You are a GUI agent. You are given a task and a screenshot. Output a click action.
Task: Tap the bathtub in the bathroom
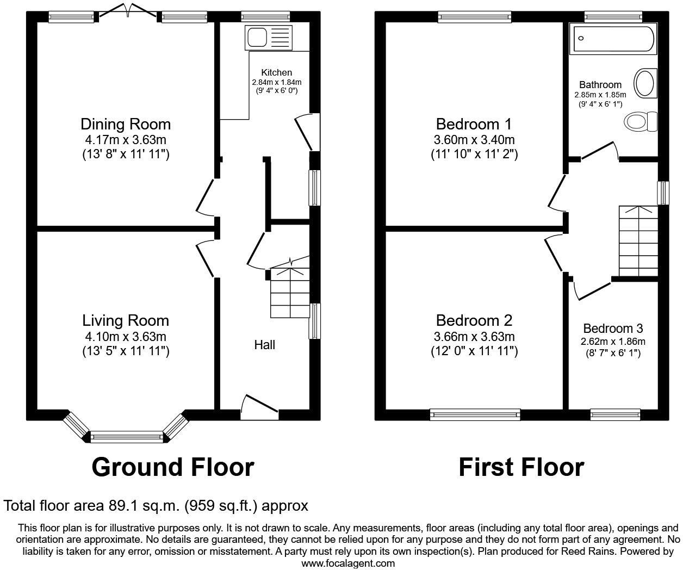pos(613,39)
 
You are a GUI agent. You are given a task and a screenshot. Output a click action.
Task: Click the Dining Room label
pos(126,124)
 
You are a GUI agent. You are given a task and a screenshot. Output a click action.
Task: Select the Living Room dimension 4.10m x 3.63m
pos(126,337)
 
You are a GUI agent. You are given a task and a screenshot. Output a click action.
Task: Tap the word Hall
pos(265,345)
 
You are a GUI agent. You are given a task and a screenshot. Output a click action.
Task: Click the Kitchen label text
pos(276,72)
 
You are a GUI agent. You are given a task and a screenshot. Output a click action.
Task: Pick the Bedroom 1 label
pos(474,124)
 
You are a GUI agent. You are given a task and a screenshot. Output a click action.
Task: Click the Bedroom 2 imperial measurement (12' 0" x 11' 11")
pos(474,351)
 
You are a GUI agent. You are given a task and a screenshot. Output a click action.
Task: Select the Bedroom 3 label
pos(613,329)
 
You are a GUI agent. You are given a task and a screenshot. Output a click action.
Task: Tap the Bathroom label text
pos(600,85)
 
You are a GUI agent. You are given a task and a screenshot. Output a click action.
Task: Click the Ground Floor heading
pos(172,467)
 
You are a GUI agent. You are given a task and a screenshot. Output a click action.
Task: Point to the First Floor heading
pos(521,467)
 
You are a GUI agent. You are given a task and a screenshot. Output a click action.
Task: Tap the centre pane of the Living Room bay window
pos(126,436)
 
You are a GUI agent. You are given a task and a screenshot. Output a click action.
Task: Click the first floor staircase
pos(638,241)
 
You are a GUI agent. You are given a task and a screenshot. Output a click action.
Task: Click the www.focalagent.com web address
pos(348,563)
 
